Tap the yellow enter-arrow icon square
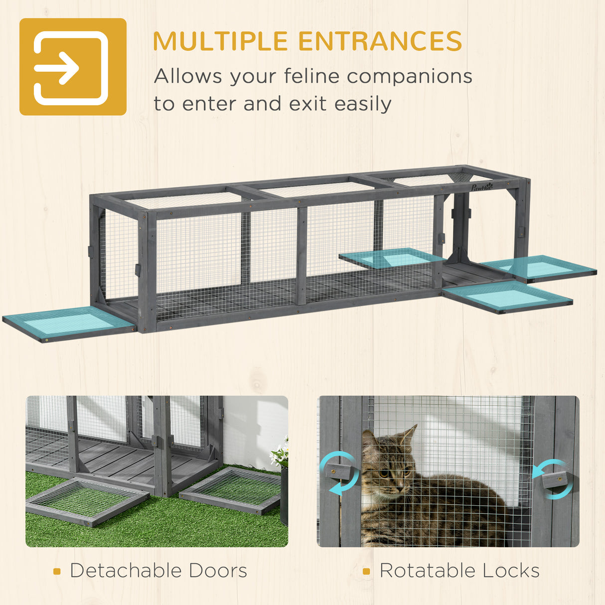point(73,67)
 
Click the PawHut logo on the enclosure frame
point(481,187)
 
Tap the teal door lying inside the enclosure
point(392,258)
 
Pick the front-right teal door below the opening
point(507,297)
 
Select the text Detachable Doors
point(158,571)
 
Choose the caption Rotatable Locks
point(459,571)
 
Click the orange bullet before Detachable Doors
point(57,572)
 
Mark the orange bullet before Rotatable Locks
point(367,572)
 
